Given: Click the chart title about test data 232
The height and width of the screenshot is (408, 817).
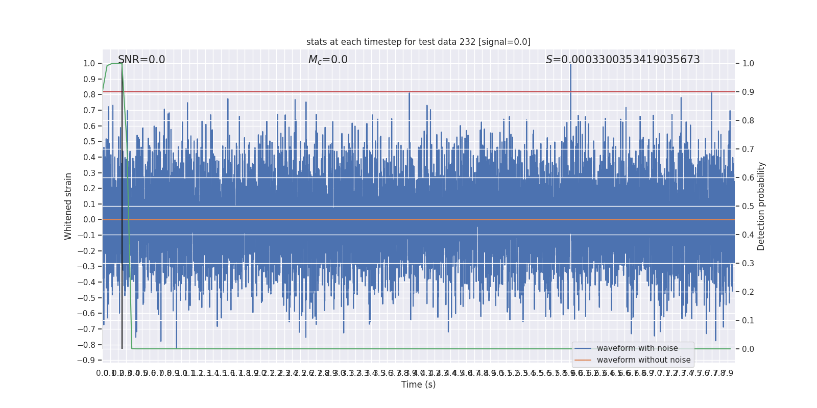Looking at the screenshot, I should click(418, 42).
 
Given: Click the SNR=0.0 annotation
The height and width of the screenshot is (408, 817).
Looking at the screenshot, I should click(141, 60).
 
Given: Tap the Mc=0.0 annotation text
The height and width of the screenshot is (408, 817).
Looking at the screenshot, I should click(328, 60).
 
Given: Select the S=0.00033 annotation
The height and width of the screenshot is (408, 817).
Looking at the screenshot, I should click(622, 60).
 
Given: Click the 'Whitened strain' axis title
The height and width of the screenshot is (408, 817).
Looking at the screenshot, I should click(68, 206).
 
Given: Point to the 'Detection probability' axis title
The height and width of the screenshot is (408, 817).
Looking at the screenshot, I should click(761, 206).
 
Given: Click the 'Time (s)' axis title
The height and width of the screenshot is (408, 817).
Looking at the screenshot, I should click(418, 385).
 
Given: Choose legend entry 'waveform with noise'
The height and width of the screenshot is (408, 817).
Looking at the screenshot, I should click(637, 348).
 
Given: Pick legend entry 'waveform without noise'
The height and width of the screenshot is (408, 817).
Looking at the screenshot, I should click(643, 360).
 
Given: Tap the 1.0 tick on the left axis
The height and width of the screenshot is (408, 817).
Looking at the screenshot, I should click(89, 64).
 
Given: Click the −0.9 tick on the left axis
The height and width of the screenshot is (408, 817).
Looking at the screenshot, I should click(86, 361).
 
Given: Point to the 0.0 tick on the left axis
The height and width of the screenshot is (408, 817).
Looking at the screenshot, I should click(89, 220).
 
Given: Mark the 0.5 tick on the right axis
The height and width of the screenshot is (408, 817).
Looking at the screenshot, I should click(748, 207).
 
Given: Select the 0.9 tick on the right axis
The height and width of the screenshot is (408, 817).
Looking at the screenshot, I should click(748, 92).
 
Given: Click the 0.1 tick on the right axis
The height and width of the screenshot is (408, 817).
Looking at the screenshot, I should click(748, 321).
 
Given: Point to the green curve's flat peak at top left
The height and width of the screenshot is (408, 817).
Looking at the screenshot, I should click(116, 64).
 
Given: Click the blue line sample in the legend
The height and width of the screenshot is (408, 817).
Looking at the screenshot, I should click(583, 348).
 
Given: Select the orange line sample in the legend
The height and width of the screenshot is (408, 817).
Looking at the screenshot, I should click(583, 360).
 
